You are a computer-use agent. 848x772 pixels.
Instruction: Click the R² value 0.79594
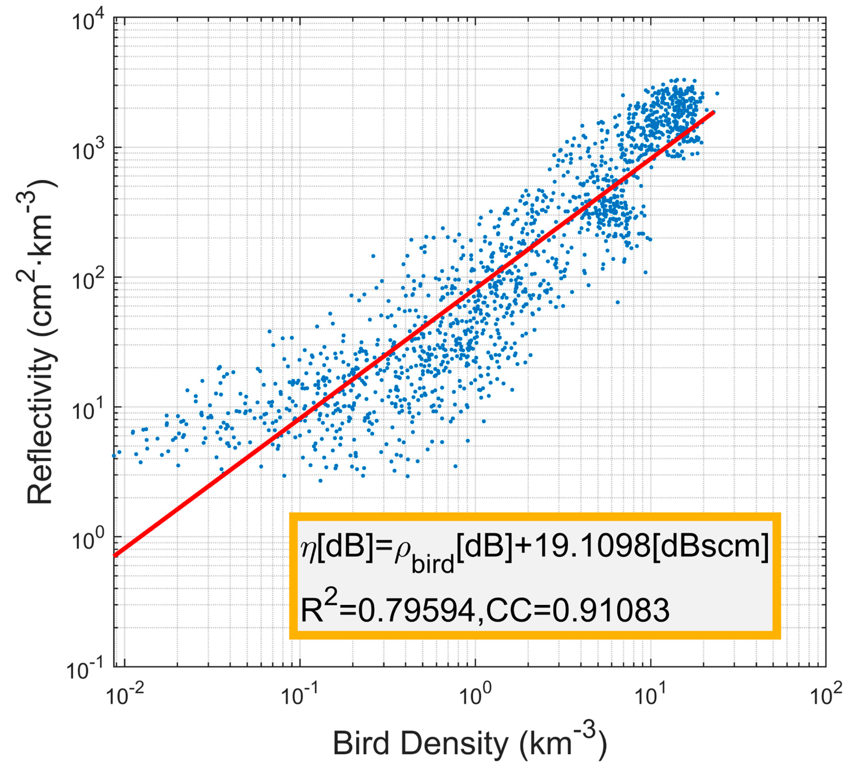pyautogui.click(x=417, y=611)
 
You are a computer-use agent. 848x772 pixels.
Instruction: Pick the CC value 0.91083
pyautogui.click(x=610, y=611)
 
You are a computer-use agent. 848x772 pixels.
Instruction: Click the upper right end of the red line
pyautogui.click(x=714, y=112)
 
